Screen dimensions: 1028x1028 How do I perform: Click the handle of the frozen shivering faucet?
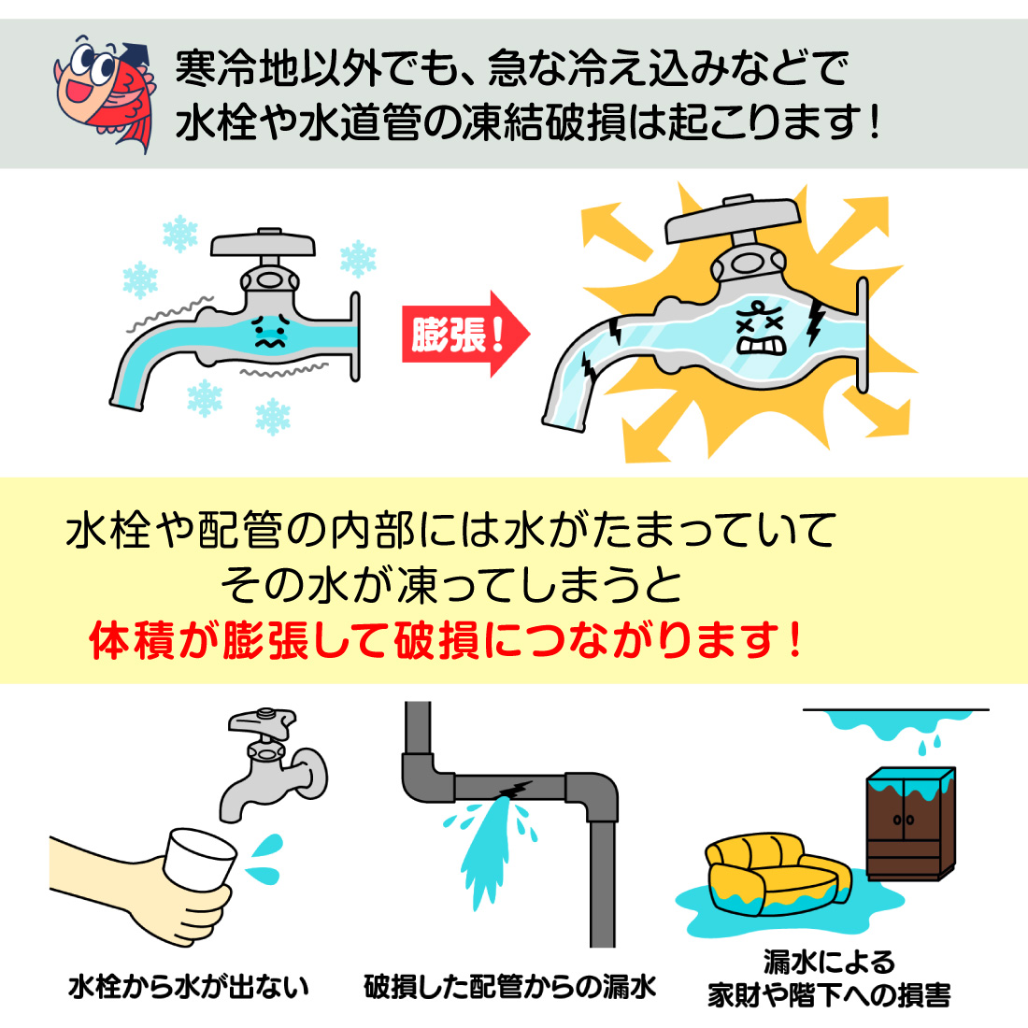point(264,244)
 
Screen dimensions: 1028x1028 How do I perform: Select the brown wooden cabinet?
point(908,824)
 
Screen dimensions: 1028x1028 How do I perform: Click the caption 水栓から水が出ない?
point(189,987)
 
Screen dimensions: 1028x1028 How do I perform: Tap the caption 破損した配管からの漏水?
point(510,987)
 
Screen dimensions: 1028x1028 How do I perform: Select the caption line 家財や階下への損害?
point(829,995)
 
